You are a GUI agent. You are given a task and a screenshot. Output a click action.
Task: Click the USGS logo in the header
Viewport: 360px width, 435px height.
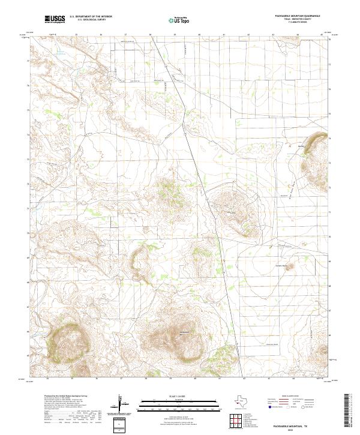click(x=55, y=19)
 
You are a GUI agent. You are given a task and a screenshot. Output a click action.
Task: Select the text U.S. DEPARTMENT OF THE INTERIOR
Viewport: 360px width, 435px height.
click(x=91, y=17)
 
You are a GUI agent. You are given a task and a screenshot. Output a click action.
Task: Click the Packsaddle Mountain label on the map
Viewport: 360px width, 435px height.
click(x=185, y=333)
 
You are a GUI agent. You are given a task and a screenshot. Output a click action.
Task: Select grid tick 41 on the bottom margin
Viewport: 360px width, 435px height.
click(x=220, y=379)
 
